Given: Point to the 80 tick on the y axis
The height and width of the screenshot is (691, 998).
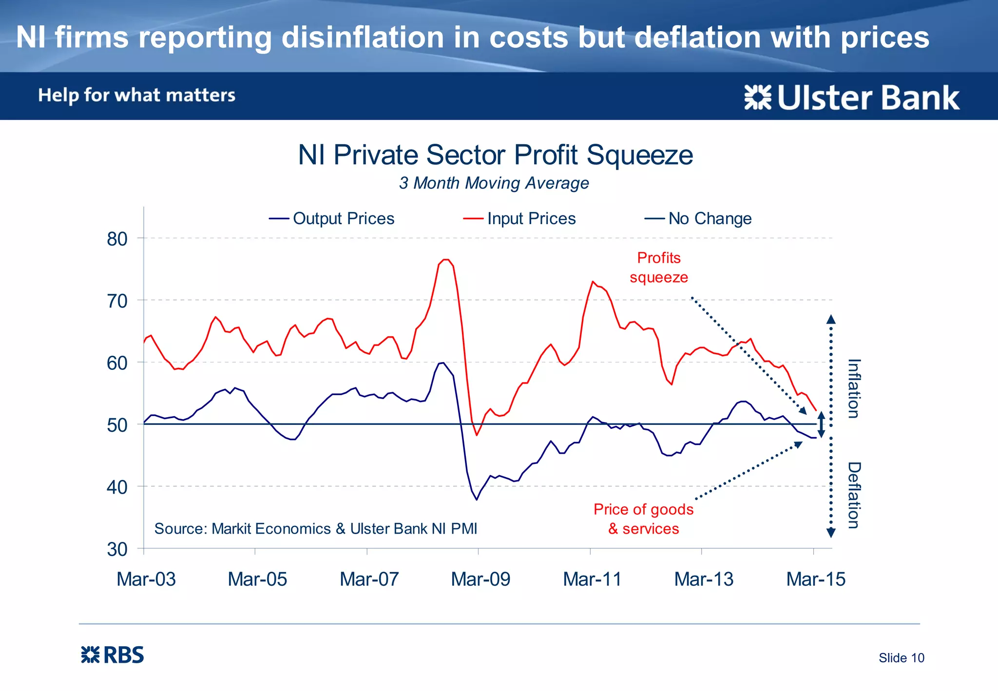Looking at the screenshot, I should pyautogui.click(x=117, y=239).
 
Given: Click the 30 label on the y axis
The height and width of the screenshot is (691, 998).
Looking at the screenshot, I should pyautogui.click(x=117, y=550).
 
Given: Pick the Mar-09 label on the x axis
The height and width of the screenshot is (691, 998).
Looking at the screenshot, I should pyautogui.click(x=480, y=579).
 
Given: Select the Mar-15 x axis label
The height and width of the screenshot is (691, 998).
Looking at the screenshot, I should pyautogui.click(x=816, y=579).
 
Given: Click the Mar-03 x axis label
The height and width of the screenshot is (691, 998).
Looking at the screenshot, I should pyautogui.click(x=146, y=579).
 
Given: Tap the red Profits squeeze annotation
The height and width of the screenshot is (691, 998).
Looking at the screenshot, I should pyautogui.click(x=659, y=268).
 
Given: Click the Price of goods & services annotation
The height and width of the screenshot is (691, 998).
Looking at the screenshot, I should pyautogui.click(x=643, y=519).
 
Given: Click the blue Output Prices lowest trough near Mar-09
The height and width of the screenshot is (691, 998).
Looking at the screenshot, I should pyautogui.click(x=477, y=499).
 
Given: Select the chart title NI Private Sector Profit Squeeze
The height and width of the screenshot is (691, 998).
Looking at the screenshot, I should pyautogui.click(x=495, y=155).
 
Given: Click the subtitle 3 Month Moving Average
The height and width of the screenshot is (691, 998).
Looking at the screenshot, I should pyautogui.click(x=494, y=183).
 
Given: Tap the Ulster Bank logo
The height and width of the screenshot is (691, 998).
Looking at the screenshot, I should pyautogui.click(x=852, y=98).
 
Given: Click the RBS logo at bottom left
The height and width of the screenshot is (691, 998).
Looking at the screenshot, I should pyautogui.click(x=113, y=655).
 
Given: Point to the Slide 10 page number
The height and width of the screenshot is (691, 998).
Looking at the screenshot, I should pyautogui.click(x=901, y=658).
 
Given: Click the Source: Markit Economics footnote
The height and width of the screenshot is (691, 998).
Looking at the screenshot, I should pyautogui.click(x=315, y=529).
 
